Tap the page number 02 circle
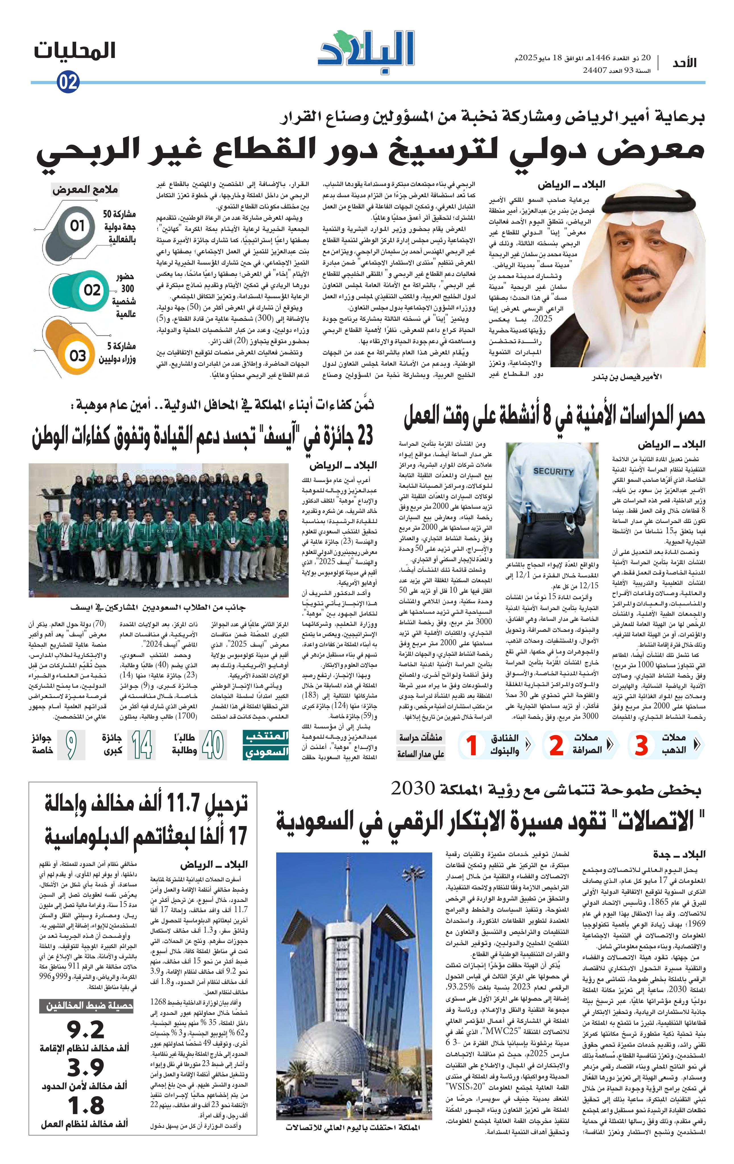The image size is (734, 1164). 68,83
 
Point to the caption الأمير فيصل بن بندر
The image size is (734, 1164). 626,377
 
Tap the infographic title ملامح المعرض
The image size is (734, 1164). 85,190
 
